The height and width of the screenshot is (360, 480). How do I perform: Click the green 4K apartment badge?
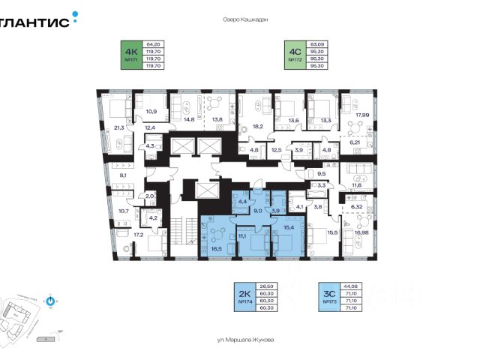pos(132,55)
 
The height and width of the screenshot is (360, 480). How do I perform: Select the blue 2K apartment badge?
pos(243,297)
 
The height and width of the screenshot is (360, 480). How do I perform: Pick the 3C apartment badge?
pos(327,297)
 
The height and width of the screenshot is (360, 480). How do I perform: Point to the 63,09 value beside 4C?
pos(319,44)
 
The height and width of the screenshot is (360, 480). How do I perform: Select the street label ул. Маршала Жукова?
pos(245,340)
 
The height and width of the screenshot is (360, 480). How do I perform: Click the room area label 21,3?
pos(119,127)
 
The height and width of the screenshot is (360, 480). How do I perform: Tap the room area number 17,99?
pos(363,115)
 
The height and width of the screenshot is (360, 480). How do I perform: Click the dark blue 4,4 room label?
pos(242,202)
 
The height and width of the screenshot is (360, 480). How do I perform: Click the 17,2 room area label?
pos(139,235)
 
